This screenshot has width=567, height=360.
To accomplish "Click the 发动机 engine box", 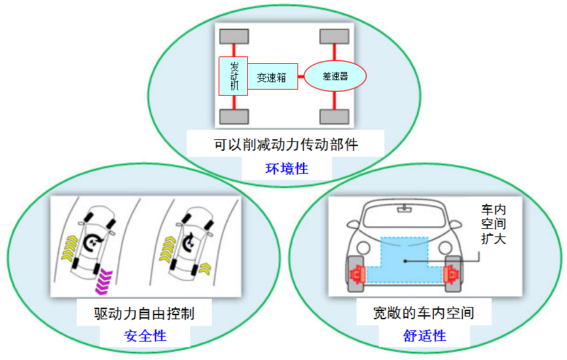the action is pos(233,76).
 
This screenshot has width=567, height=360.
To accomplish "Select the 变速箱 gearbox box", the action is pos(273,76).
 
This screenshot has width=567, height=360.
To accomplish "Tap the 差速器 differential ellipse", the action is pos(335,76).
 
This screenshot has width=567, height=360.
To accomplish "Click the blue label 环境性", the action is pos(287,168).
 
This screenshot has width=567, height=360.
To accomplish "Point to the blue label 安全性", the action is pos(145,336).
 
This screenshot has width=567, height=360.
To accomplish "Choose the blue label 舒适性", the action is pos(424,336).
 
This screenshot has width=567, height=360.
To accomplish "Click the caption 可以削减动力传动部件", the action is pos(286,145).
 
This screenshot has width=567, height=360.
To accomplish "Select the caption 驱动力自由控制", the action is pos(144,313).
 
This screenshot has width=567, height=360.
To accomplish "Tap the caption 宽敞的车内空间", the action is pos(424,313).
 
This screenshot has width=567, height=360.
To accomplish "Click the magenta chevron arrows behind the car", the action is pos(104,281).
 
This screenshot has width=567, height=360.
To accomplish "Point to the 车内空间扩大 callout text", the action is pos(493,224).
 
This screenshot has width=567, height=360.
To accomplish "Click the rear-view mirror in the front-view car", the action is pos(404,209).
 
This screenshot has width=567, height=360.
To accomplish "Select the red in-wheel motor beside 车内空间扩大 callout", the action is pos(451,274).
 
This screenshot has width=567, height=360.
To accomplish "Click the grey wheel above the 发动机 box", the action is pos(234,37).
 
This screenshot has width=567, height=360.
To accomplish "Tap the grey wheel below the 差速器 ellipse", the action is pos(335,117).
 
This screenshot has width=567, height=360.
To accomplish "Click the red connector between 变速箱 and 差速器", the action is pos(301,76).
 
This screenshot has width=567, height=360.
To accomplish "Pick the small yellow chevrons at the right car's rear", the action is pos(205,268).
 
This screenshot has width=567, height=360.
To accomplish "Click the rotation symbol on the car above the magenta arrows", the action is pos(92,242).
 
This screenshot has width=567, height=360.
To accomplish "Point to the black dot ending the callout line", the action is pos(405,261).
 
